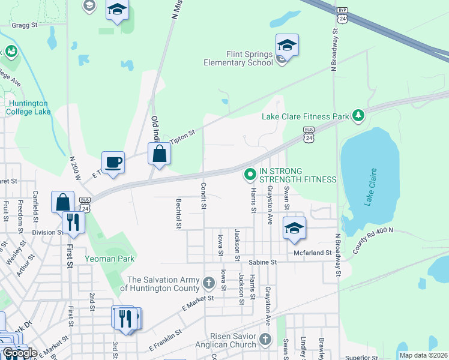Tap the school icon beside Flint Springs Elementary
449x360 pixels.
tap(287, 46)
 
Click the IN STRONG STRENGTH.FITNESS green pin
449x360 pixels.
tap(250, 175)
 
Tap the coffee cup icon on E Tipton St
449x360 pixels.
tap(113, 161)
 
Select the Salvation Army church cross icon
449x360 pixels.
tap(208, 283)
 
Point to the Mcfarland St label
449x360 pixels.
tap(313, 253)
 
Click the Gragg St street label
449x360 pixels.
tap(24, 25)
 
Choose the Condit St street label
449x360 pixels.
tap(203, 196)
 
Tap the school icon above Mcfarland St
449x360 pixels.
tap(294, 229)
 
